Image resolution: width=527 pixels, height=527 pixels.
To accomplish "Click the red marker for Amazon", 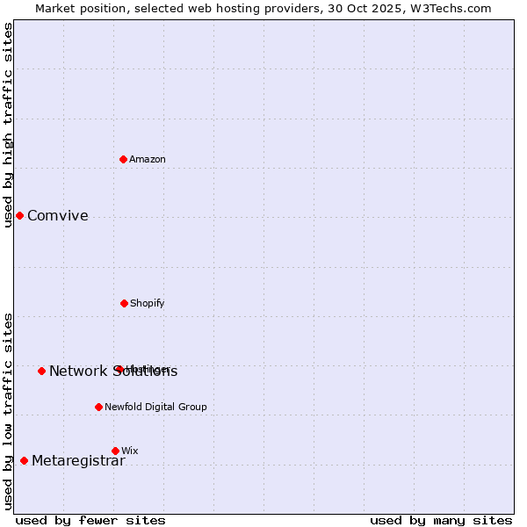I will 124,159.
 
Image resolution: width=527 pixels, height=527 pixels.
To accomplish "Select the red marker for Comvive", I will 19,215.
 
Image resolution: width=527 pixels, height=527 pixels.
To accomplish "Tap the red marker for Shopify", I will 124,303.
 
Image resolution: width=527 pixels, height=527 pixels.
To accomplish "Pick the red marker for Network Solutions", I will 41,371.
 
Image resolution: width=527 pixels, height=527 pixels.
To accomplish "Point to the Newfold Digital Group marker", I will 98,407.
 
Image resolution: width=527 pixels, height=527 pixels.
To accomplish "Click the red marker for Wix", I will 115,451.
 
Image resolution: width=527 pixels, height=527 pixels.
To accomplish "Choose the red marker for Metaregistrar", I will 24,460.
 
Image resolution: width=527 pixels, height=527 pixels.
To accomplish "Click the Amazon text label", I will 148,159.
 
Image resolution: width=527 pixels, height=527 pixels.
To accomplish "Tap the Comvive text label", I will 58,216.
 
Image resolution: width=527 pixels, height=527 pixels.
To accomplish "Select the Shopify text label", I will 148,303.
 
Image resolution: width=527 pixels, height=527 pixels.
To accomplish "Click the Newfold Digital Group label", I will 155,407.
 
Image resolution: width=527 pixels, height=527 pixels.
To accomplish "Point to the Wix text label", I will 130,451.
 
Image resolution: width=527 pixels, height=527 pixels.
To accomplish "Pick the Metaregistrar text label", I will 78,461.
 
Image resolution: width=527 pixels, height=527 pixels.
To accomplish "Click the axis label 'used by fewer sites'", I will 90,520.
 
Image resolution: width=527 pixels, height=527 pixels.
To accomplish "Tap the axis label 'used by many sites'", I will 441,520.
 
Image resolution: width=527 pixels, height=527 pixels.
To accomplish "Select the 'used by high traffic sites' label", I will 8,125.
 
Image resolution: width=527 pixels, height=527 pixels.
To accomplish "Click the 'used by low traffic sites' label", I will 8,411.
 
